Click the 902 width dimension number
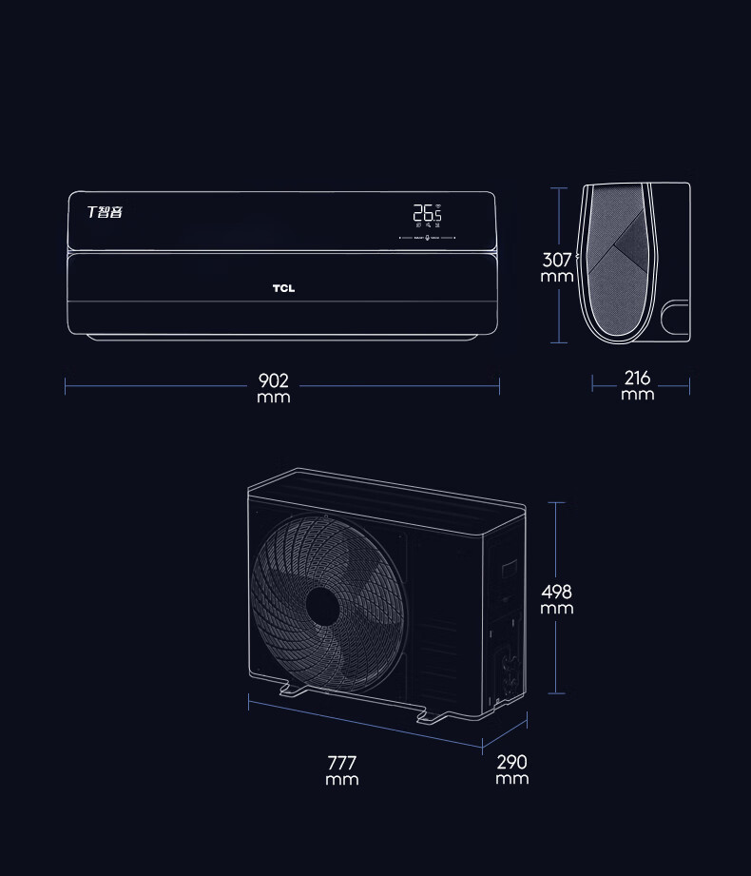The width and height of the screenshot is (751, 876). (x=273, y=381)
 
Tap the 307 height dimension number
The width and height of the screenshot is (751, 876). (x=557, y=260)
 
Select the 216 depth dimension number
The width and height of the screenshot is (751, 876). (x=638, y=379)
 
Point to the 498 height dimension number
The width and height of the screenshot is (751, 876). (x=557, y=593)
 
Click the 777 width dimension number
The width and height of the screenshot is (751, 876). (x=342, y=763)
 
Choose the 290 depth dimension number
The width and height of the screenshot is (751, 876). (x=511, y=762)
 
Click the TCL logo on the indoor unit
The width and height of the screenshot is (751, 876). (x=283, y=289)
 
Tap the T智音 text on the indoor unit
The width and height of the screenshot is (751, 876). (x=105, y=211)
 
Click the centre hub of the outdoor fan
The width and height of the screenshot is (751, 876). (x=322, y=606)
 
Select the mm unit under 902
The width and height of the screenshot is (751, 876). (x=273, y=397)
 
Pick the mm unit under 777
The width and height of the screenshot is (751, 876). (x=342, y=780)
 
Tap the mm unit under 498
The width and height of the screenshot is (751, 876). (x=557, y=609)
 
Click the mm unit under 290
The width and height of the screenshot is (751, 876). (x=511, y=778)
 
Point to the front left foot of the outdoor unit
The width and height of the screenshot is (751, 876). (x=285, y=691)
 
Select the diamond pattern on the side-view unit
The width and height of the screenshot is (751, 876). (x=623, y=245)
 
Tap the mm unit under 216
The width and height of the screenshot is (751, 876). (x=638, y=394)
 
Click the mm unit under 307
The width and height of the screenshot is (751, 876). (x=557, y=277)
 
